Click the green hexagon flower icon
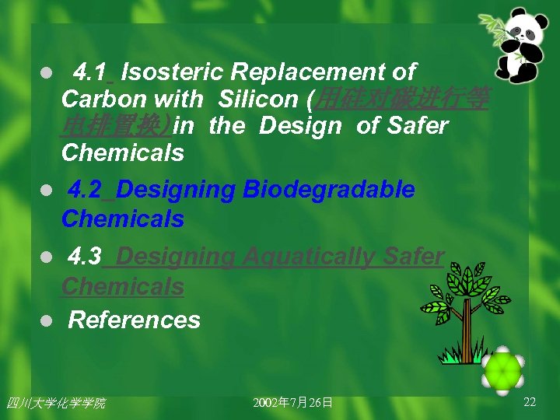502,371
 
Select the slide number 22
530,401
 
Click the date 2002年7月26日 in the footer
293,402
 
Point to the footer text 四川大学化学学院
55,402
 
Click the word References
135,320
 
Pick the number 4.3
85,257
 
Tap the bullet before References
47,320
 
